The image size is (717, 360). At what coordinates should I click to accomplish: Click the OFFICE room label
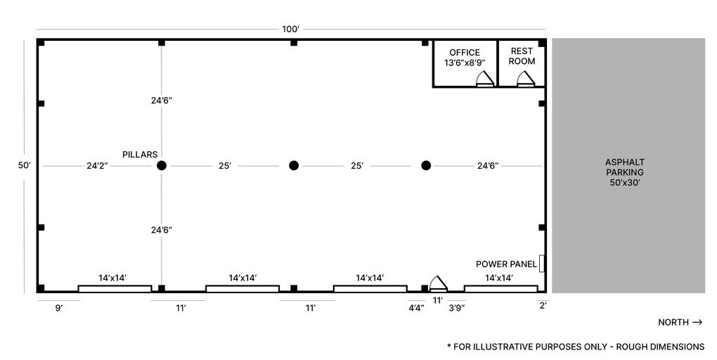tap(465, 53)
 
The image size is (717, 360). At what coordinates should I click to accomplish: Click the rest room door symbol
tap(526, 79)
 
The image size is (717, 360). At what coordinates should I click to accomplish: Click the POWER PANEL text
tap(506, 264)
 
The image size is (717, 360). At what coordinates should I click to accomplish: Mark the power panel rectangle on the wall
tap(542, 263)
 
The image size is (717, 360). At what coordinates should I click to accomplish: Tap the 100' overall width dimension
tap(290, 30)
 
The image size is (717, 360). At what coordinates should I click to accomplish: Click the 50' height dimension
tap(25, 166)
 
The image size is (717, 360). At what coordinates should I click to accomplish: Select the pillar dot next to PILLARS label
tap(162, 166)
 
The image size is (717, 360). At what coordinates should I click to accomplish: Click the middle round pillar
tap(294, 166)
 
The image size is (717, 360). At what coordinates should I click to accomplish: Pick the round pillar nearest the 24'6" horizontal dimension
tap(425, 166)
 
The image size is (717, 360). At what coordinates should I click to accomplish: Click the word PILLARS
tap(139, 155)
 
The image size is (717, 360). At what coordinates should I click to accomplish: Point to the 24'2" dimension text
tap(97, 166)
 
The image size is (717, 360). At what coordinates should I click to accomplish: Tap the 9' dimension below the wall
tap(58, 308)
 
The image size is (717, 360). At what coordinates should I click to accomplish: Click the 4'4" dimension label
tap(416, 308)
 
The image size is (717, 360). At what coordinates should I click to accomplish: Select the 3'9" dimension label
tap(456, 308)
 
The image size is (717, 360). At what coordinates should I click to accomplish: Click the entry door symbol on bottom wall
tap(439, 283)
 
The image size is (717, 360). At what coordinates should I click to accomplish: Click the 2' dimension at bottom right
tap(543, 305)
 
